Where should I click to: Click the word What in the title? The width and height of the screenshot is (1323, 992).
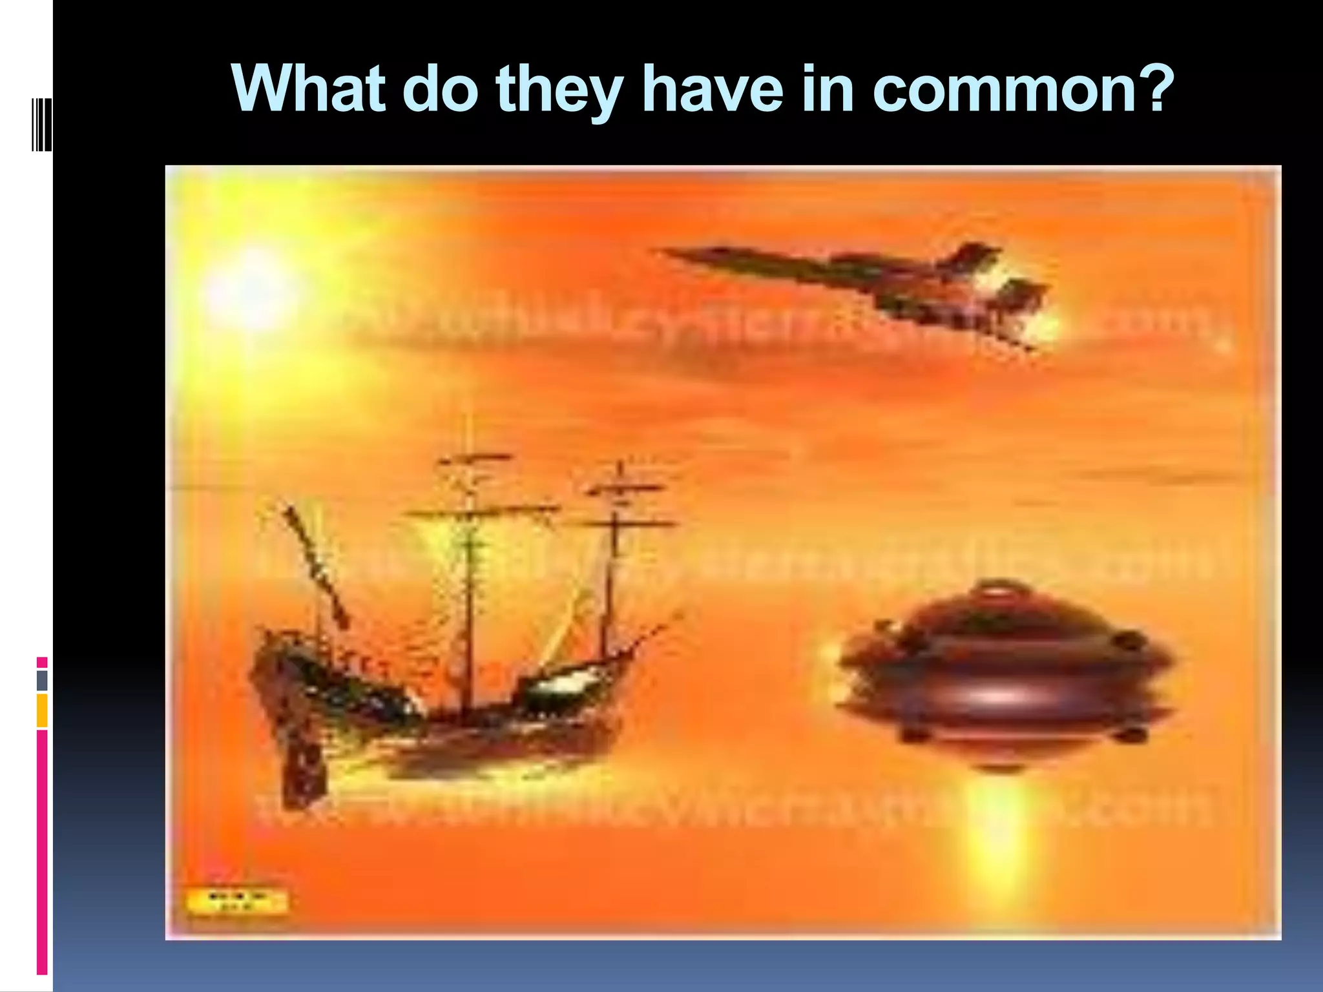[x=309, y=88]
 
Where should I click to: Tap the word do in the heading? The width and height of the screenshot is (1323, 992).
[x=440, y=88]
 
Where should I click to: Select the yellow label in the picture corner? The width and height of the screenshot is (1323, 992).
[x=236, y=902]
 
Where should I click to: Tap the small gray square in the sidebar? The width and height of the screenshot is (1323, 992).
[x=42, y=681]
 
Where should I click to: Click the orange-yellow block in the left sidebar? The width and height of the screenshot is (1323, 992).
[x=42, y=710]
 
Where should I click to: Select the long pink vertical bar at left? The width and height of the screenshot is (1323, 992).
[x=42, y=852]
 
